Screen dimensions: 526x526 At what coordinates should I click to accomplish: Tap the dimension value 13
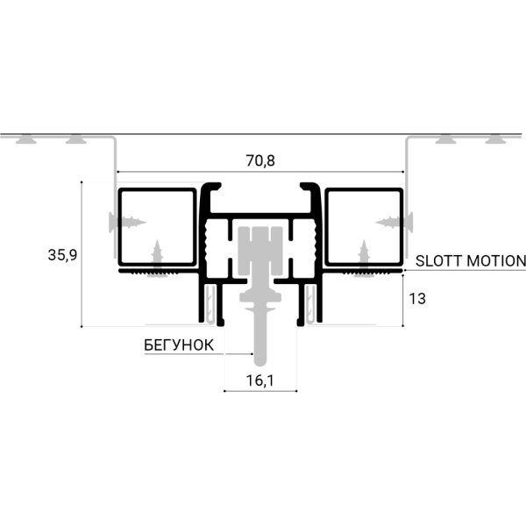pyautogui.click(x=417, y=299)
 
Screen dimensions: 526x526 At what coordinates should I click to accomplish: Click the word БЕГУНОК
pyautogui.click(x=178, y=345)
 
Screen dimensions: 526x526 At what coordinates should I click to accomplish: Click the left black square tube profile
pyautogui.click(x=156, y=226)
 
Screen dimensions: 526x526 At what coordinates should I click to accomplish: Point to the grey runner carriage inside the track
pyautogui.click(x=259, y=254)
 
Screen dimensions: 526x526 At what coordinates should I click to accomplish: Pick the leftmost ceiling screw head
pyautogui.click(x=29, y=139)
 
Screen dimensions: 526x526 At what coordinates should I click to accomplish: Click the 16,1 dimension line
pyautogui.click(x=259, y=392)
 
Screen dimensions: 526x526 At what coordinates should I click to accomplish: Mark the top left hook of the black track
pyautogui.click(x=211, y=188)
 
